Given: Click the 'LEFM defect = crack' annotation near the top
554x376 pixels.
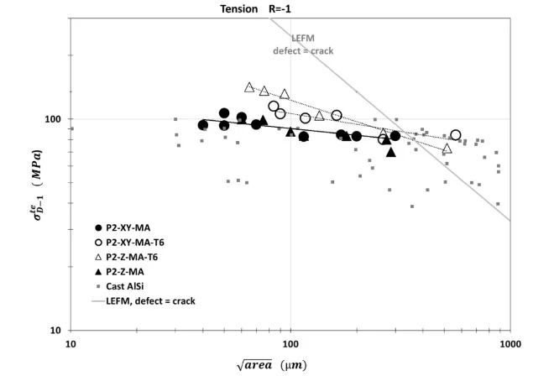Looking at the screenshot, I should point(303,44).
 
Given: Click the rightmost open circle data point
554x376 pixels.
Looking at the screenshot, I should point(456,135).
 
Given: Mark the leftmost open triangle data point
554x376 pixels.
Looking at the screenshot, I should point(249,87).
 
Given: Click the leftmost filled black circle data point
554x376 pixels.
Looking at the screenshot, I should point(203,125).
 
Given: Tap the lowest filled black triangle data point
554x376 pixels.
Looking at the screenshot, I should point(391,152).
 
